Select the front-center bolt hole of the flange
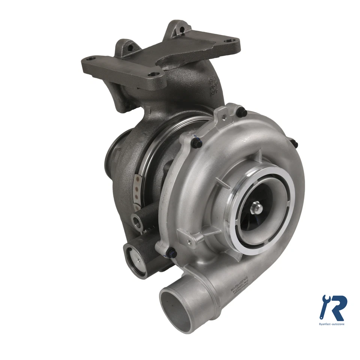[153, 75]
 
